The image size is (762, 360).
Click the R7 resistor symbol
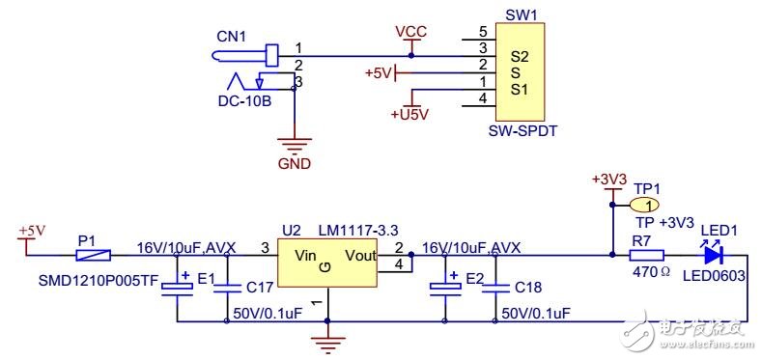pos(646,256)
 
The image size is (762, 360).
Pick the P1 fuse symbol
pos(94,256)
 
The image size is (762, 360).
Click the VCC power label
pos(411,31)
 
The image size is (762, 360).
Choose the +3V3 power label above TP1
pos(609,180)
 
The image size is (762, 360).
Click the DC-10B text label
pos(244,99)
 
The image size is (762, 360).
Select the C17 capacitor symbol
pos(228,287)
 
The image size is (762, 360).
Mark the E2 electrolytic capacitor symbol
pos(444,287)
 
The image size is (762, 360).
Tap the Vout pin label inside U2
pos(360,256)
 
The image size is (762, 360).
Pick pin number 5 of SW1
pos(468,31)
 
